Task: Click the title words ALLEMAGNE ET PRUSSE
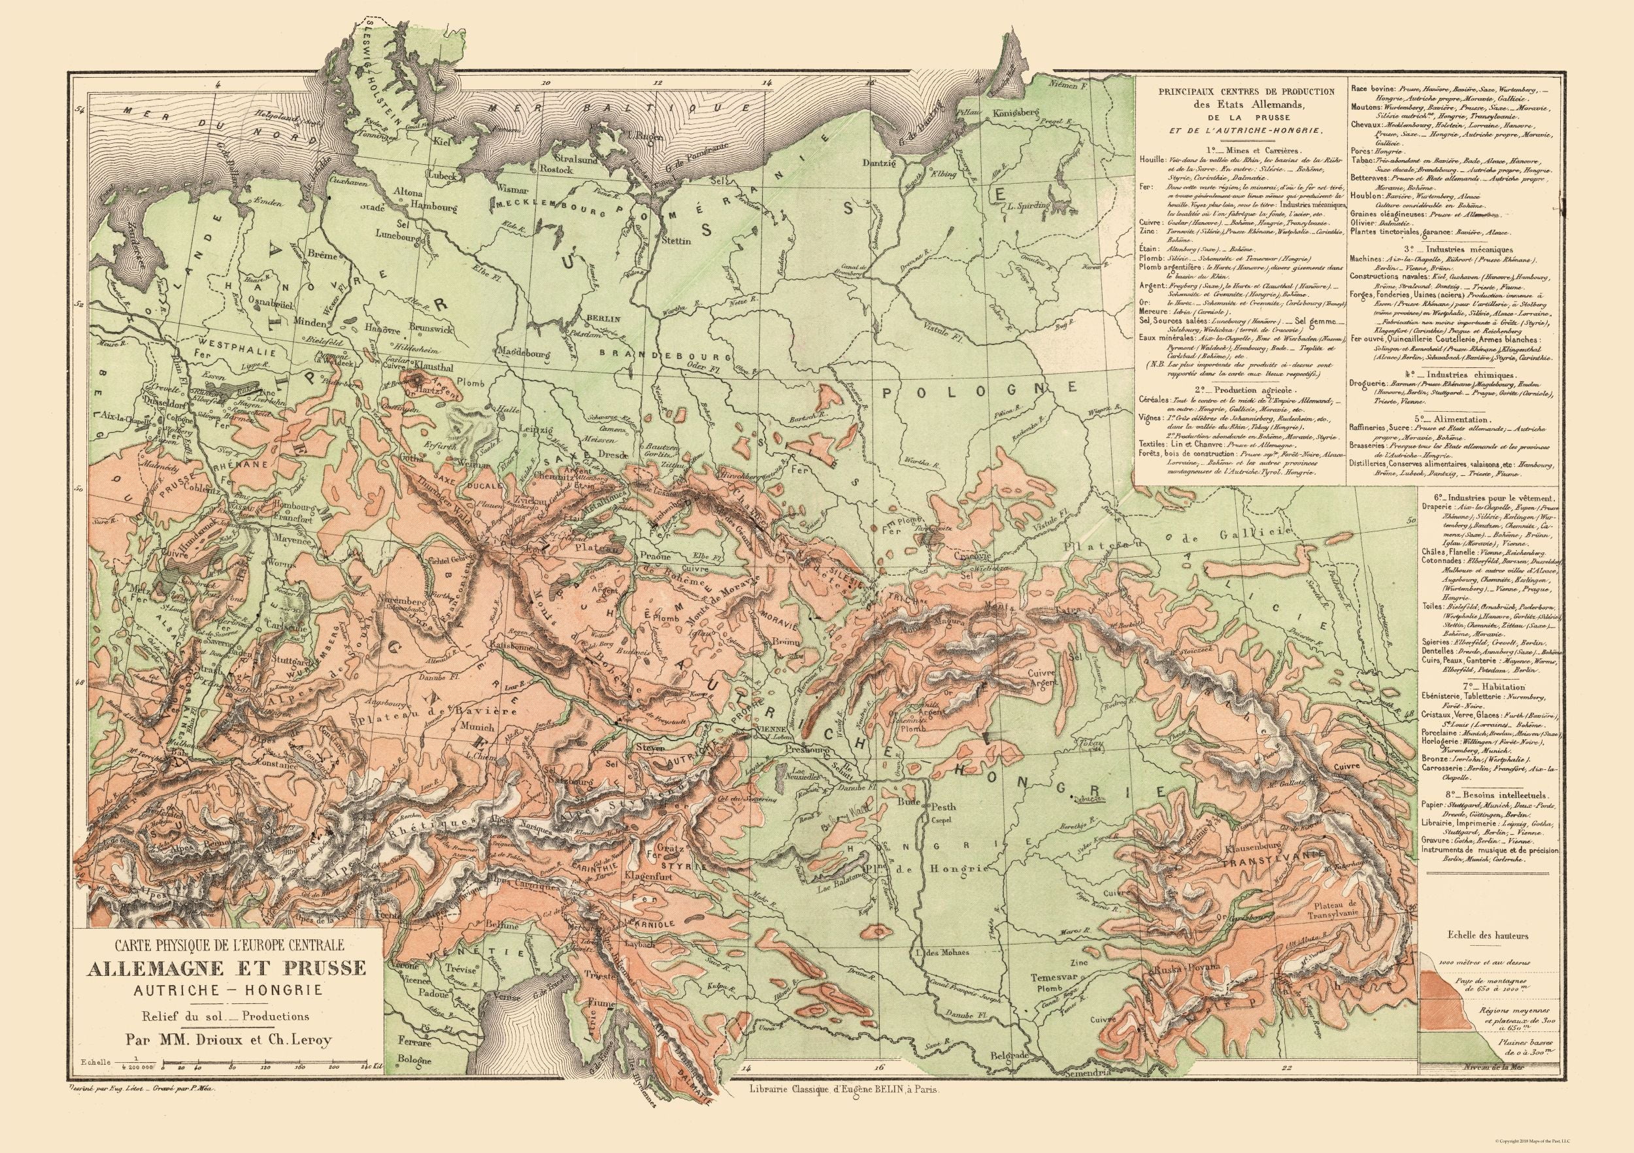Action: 225,969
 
